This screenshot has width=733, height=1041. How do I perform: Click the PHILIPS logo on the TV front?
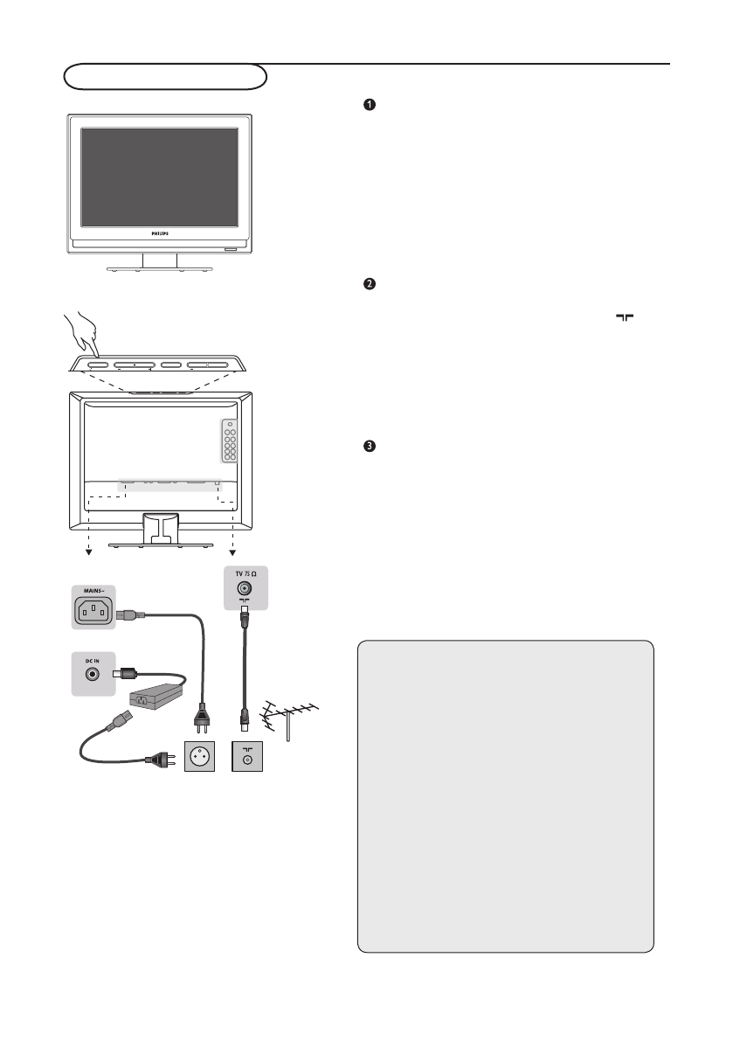click(x=160, y=233)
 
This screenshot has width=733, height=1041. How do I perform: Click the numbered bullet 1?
click(x=370, y=106)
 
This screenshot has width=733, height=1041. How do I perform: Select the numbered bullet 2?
click(x=370, y=284)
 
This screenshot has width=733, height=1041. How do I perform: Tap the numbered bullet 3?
click(x=370, y=447)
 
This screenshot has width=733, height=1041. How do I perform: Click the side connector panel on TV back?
click(x=229, y=443)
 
